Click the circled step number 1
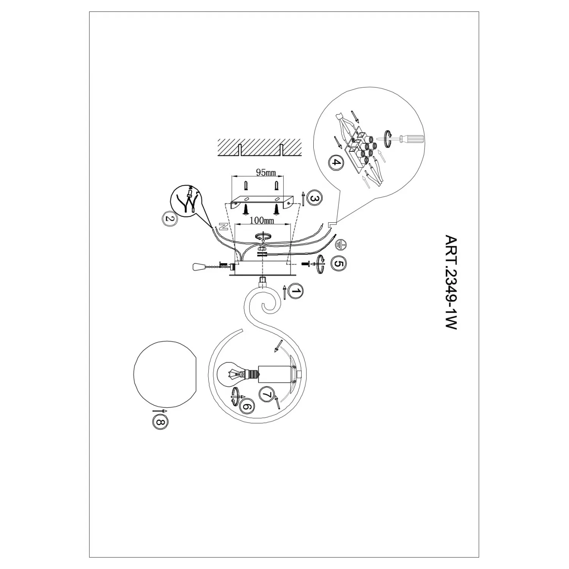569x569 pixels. click(x=296, y=291)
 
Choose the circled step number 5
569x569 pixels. click(x=338, y=263)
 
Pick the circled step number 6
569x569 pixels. click(x=247, y=407)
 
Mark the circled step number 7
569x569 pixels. click(x=267, y=395)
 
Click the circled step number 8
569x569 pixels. click(x=160, y=421)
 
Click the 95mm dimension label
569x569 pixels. click(x=266, y=173)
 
